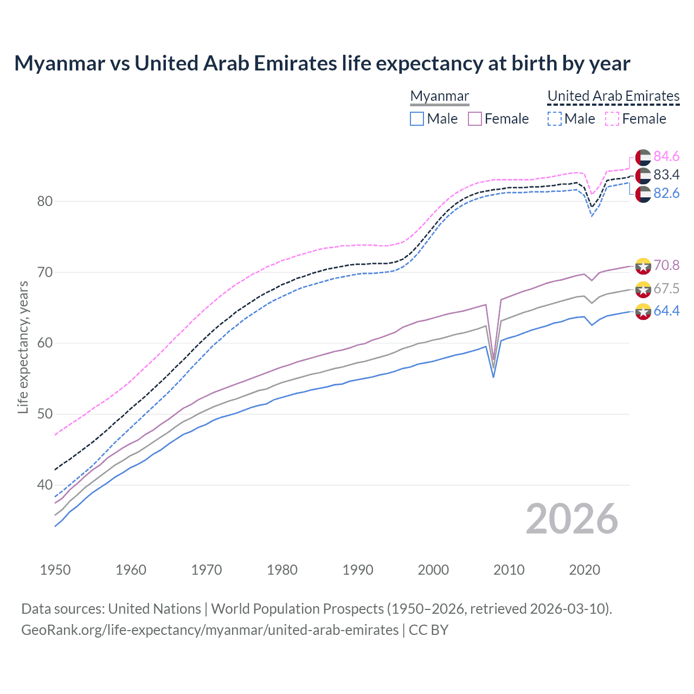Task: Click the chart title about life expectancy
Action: click(322, 63)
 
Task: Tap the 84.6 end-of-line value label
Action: click(666, 157)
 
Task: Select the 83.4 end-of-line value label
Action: click(666, 175)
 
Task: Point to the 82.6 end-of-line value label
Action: click(666, 194)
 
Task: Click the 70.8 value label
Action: click(666, 265)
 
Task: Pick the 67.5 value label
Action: click(666, 288)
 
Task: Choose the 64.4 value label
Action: click(666, 311)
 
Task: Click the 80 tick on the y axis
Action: click(45, 201)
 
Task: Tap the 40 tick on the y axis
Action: click(45, 485)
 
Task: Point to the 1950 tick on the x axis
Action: click(55, 570)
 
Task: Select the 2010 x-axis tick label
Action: click(509, 570)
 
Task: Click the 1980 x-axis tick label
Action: click(282, 570)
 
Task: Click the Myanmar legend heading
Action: click(439, 96)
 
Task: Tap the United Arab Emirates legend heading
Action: click(613, 96)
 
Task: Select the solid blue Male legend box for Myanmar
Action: click(416, 119)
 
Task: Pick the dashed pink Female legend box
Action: click(612, 119)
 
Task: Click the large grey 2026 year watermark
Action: click(572, 519)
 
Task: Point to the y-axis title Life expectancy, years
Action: click(23, 347)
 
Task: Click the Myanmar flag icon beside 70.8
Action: click(643, 266)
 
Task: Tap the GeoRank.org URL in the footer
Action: click(210, 630)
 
